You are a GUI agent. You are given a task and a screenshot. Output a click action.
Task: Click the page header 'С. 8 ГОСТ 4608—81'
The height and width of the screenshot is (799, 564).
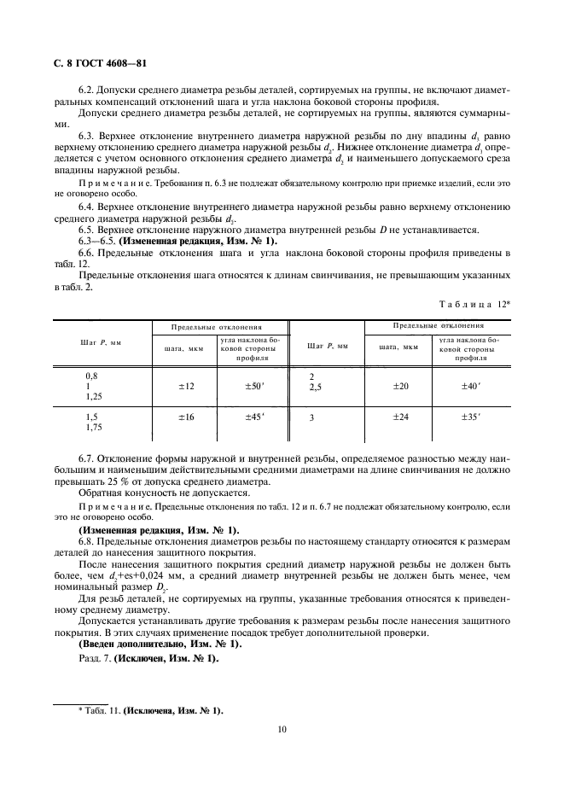click(99, 64)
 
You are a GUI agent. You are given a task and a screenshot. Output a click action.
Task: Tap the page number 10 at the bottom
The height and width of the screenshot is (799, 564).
click(281, 729)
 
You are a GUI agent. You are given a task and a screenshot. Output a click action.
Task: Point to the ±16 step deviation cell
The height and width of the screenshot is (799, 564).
click(187, 417)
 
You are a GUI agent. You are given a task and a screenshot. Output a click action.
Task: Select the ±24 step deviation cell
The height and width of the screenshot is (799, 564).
click(400, 417)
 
